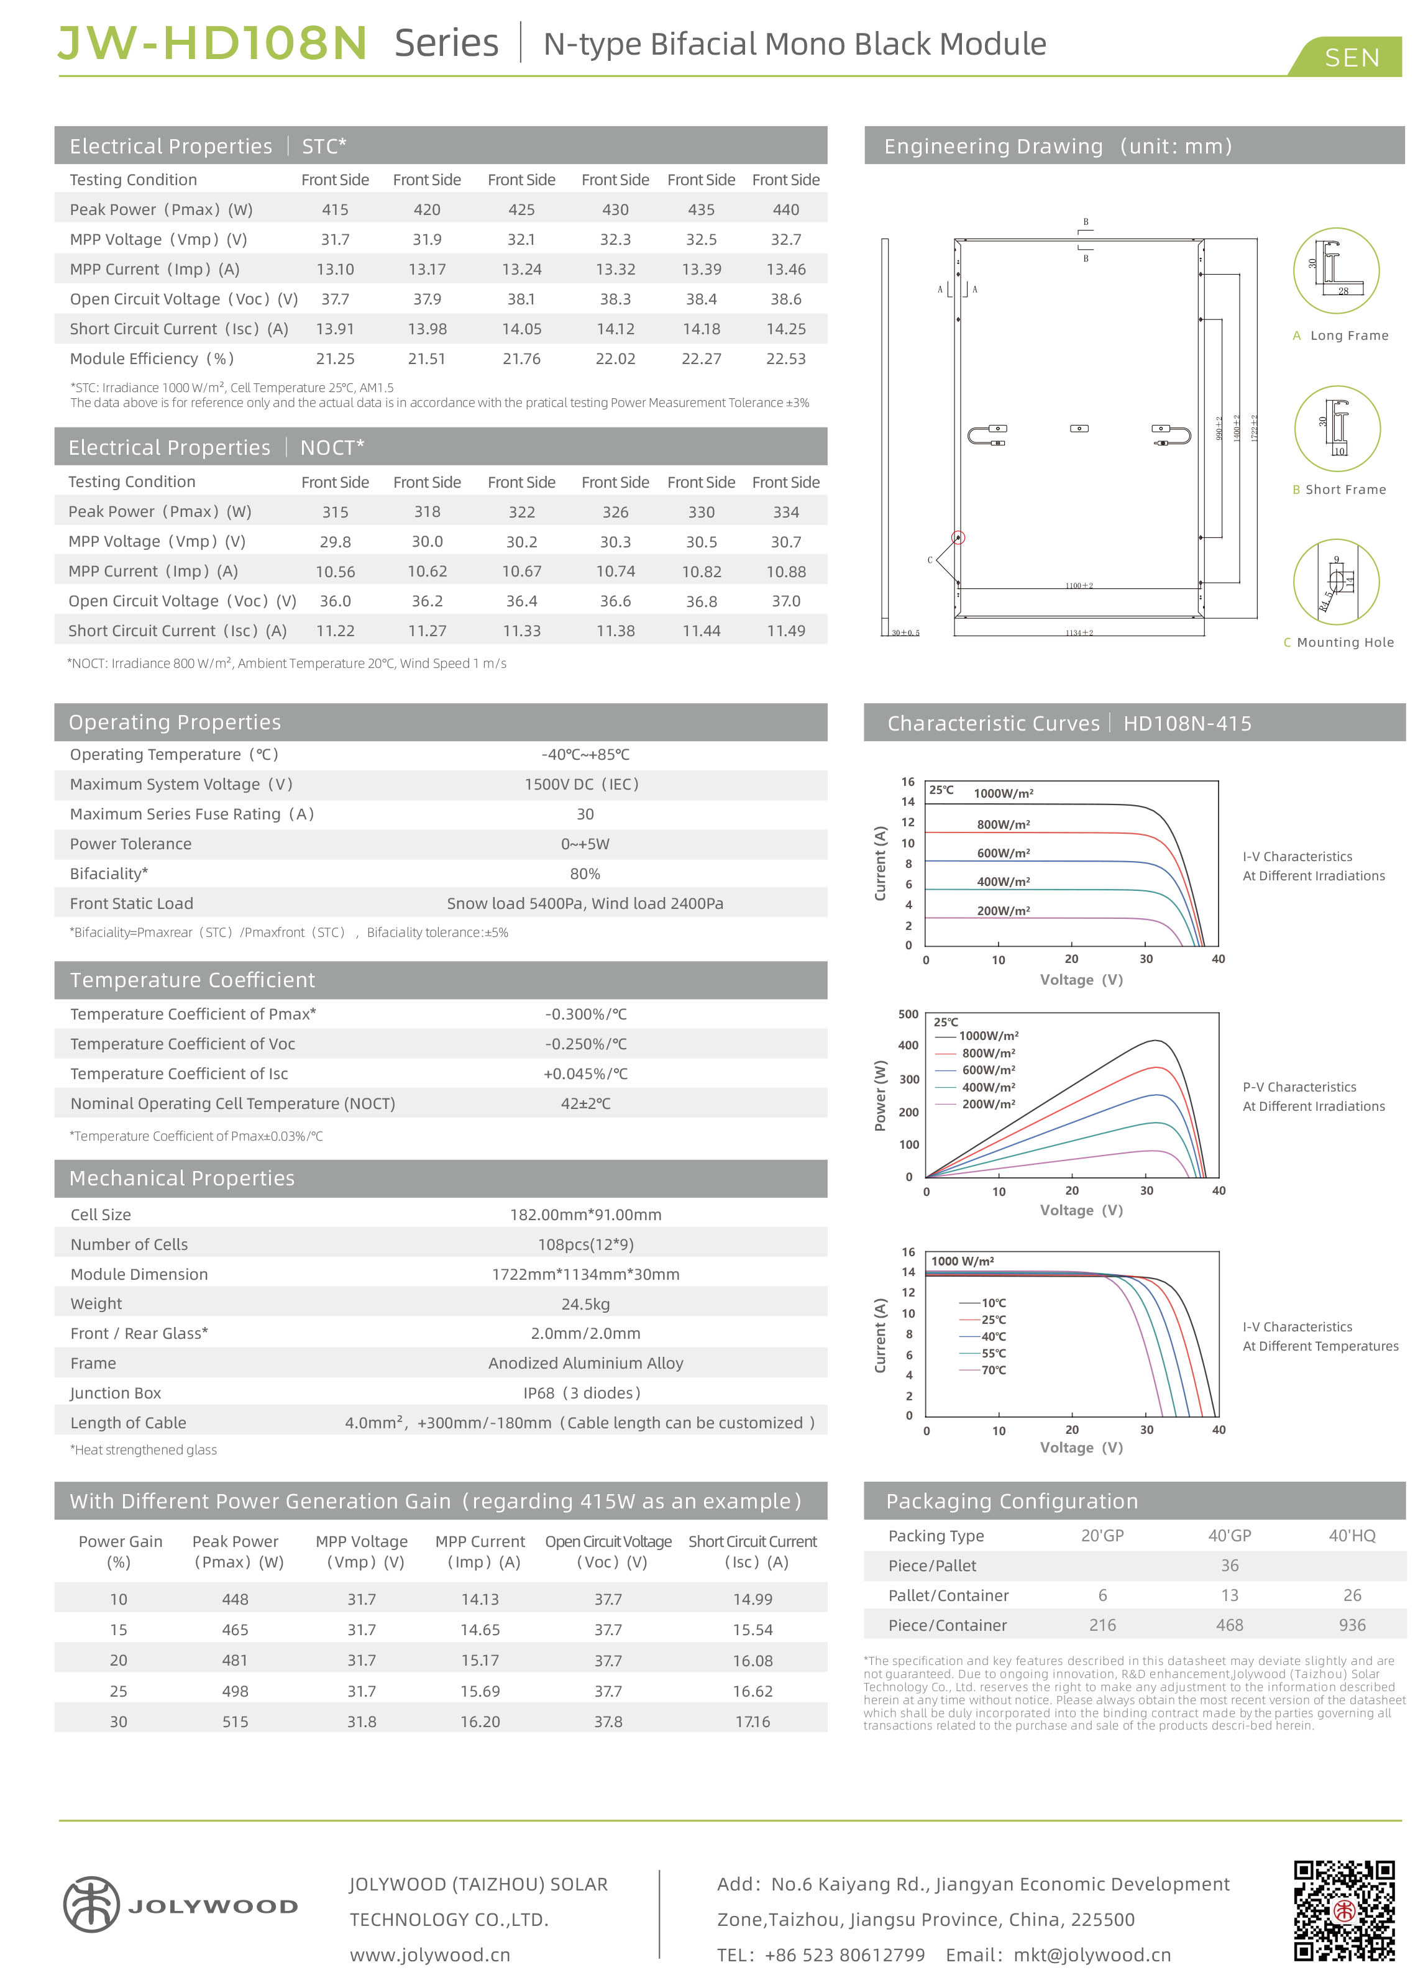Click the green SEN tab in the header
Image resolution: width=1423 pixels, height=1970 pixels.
click(x=1351, y=57)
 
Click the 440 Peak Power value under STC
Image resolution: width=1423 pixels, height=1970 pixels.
click(x=785, y=209)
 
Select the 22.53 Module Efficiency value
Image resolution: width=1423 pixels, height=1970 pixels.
click(x=785, y=358)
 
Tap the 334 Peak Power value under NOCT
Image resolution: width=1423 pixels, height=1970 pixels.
click(x=785, y=512)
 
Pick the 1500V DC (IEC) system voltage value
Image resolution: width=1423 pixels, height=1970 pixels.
click(x=581, y=785)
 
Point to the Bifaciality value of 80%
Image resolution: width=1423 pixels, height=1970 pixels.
click(x=585, y=874)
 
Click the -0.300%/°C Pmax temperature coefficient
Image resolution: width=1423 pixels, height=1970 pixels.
click(x=585, y=1014)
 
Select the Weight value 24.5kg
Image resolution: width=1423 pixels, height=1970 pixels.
click(x=585, y=1304)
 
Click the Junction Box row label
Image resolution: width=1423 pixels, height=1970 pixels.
click(x=116, y=1393)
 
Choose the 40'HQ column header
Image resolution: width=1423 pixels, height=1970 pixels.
click(x=1352, y=1536)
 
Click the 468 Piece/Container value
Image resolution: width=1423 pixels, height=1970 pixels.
click(x=1229, y=1625)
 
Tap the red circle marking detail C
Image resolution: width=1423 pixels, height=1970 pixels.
click(x=958, y=537)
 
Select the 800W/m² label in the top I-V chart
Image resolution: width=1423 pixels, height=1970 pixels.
click(x=1004, y=824)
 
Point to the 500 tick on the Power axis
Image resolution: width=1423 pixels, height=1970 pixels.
click(x=908, y=1015)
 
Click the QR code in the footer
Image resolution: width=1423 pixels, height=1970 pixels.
click(x=1344, y=1910)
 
